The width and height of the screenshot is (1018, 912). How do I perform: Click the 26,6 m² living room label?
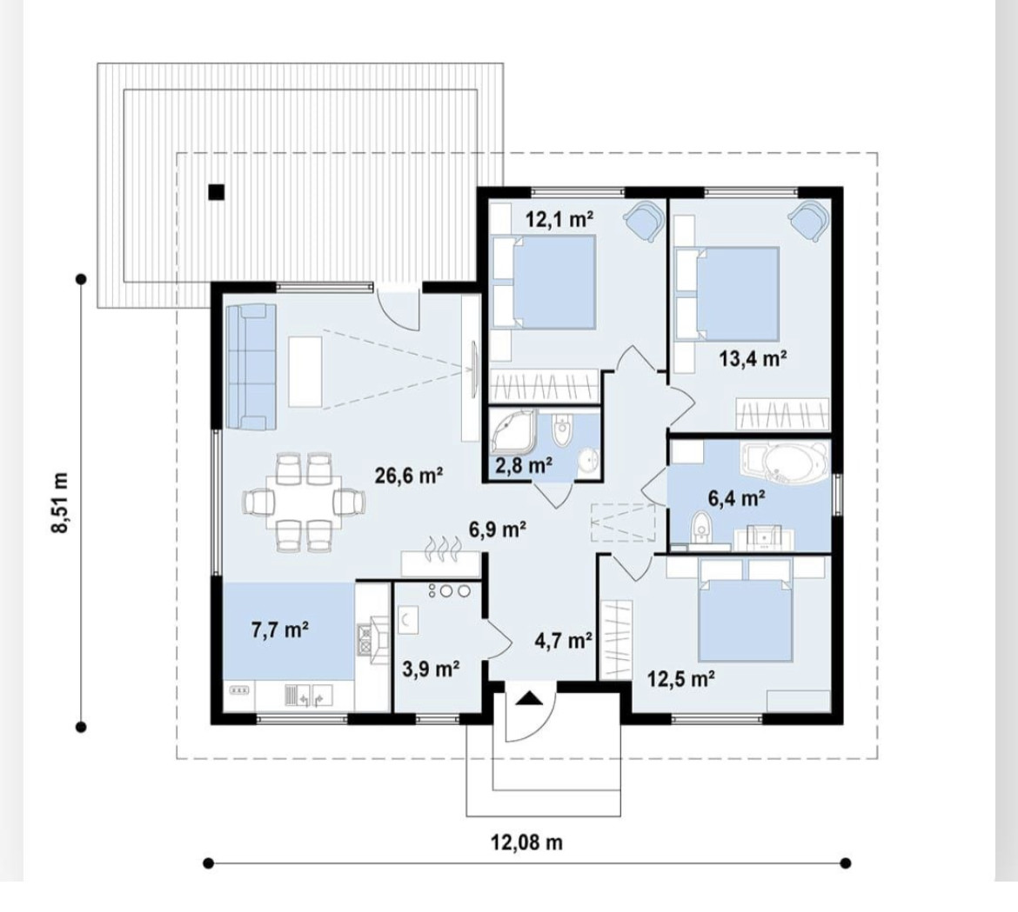tap(409, 476)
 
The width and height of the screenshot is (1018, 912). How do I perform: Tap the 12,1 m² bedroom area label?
tap(559, 219)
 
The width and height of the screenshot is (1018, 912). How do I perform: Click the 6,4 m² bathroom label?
tap(736, 498)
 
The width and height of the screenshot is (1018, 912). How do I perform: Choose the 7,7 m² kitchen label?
tap(280, 629)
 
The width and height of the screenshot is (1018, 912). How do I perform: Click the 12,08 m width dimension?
tap(526, 842)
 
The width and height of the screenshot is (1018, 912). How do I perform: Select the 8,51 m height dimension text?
tap(60, 503)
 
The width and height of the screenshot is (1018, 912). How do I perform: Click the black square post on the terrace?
tap(216, 192)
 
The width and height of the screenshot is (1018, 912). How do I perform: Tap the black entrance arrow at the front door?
tap(529, 698)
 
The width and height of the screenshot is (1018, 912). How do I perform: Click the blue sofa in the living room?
tap(251, 367)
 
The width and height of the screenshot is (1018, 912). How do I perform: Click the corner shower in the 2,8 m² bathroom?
tap(512, 430)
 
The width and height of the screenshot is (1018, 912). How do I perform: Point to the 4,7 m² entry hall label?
tap(563, 641)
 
